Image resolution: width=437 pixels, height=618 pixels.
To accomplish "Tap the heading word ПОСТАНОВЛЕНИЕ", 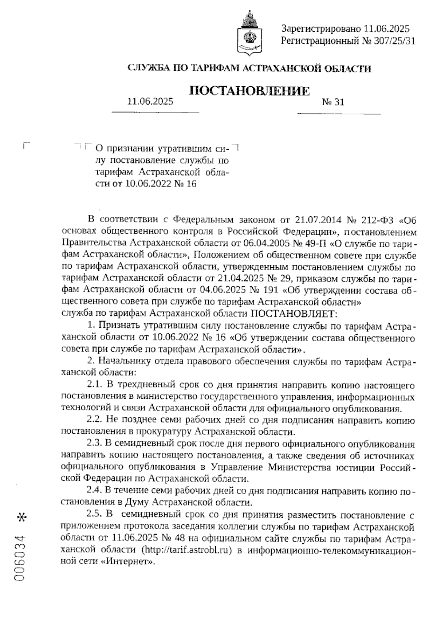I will [x=250, y=91].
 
